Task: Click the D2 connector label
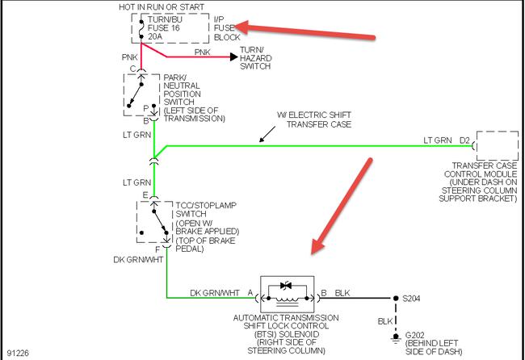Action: coord(464,140)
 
